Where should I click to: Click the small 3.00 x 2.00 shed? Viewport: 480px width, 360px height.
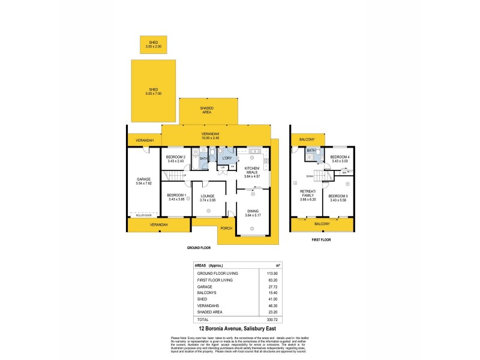[153, 44]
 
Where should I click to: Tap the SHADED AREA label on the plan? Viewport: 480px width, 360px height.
[206, 110]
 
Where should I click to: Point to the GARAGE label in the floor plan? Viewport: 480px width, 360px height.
[143, 179]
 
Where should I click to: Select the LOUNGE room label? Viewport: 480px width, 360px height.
[208, 196]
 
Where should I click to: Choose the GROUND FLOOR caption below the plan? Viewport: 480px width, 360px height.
[199, 247]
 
